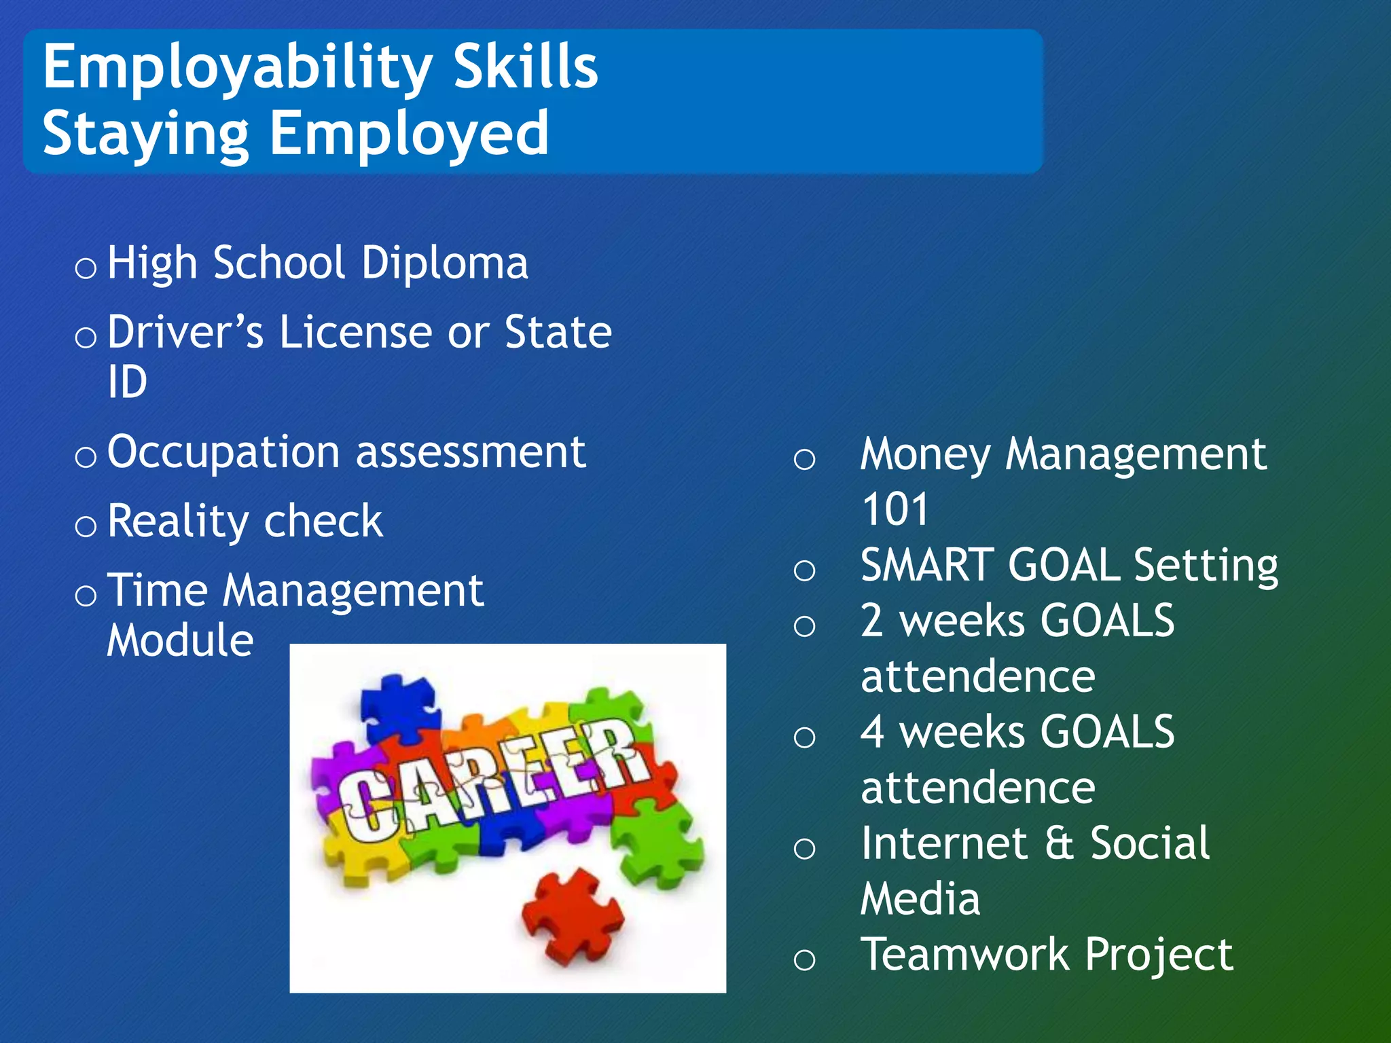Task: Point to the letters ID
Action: (x=127, y=382)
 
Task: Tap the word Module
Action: (x=180, y=640)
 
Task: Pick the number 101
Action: (x=895, y=509)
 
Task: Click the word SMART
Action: (x=927, y=565)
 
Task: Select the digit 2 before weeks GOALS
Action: (x=873, y=621)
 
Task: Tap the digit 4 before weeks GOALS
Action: (x=873, y=732)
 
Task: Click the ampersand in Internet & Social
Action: (x=1058, y=843)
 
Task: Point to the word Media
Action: (x=920, y=899)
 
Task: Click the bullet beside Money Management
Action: (x=804, y=460)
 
